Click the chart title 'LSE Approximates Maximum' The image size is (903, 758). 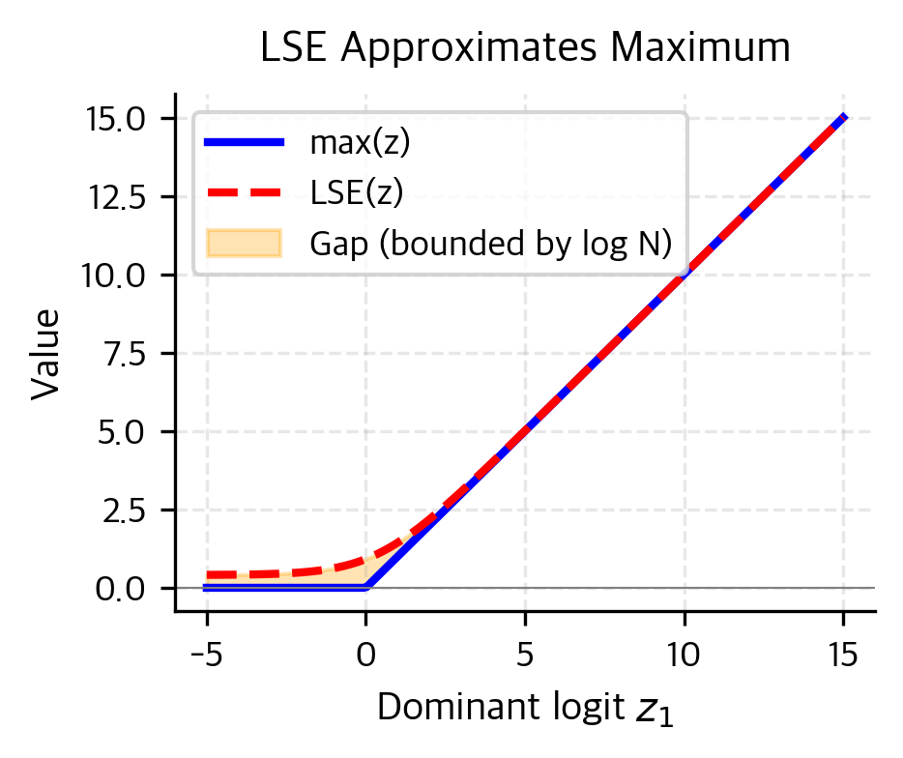point(525,48)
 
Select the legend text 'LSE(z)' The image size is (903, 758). point(357,193)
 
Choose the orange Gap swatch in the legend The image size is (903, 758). point(245,244)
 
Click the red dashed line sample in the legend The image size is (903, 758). point(245,193)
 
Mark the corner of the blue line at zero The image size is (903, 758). point(366,587)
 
